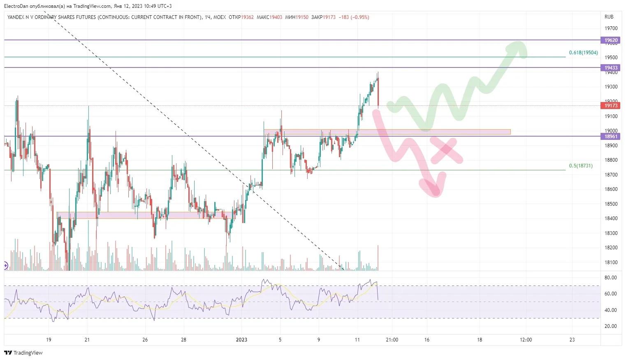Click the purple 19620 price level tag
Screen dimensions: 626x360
point(611,40)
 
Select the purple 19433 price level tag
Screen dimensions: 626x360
point(611,67)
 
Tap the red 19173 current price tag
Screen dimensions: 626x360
point(611,106)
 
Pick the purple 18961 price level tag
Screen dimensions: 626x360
point(611,137)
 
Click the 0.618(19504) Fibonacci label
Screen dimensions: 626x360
point(584,53)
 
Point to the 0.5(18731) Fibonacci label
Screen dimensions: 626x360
point(581,166)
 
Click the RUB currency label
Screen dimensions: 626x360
point(609,17)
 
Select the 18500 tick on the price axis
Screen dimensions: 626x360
point(611,204)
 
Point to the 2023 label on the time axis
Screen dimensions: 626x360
point(241,340)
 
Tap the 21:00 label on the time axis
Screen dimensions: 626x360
point(392,340)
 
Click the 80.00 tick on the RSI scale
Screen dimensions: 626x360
point(610,278)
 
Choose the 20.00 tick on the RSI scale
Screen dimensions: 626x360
point(610,326)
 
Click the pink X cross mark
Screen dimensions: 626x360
point(446,150)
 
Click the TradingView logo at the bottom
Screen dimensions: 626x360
point(23,353)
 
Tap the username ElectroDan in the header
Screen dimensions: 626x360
point(16,6)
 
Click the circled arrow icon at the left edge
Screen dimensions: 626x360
point(5,265)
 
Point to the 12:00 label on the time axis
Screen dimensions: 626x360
point(526,340)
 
